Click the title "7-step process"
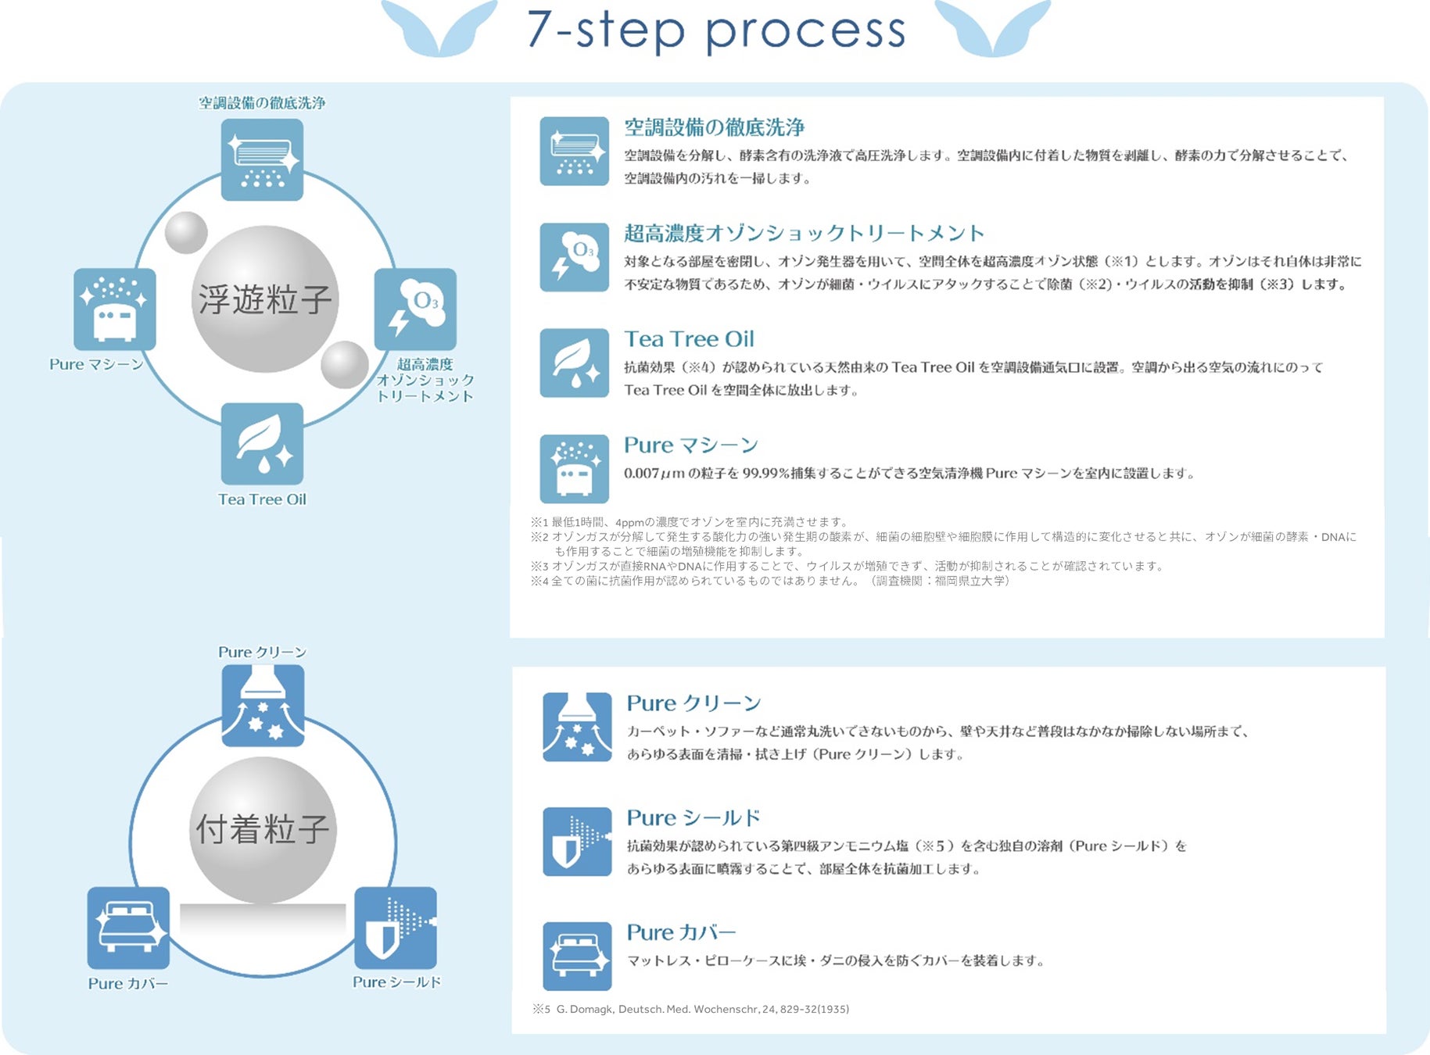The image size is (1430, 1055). pos(715,31)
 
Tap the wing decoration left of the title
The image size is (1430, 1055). pos(439,28)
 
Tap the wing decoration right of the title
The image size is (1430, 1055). pos(992,28)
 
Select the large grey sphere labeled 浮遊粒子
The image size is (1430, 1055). pos(264,299)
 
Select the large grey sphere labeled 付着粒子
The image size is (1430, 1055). pos(263,829)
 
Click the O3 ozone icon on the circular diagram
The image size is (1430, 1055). pos(415,309)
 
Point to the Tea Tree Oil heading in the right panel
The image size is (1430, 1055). pos(689,339)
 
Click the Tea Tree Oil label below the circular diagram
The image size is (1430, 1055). pos(262,499)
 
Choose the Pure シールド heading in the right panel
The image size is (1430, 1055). pos(693,818)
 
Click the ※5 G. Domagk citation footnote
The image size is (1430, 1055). pos(691,1009)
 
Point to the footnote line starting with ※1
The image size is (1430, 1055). pos(689,522)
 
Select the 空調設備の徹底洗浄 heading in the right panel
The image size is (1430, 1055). pos(714,127)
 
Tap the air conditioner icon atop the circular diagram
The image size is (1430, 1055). pos(262,159)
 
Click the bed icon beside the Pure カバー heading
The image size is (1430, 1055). pos(577,956)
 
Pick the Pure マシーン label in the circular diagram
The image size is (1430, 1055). pos(96,364)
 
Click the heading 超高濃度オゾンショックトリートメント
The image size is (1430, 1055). pos(804,233)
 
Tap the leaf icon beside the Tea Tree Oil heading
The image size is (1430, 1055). pos(574,363)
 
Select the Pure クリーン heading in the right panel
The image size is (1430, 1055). pos(693,703)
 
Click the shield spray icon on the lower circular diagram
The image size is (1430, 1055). pos(396,928)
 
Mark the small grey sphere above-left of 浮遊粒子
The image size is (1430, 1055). pos(186,232)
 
